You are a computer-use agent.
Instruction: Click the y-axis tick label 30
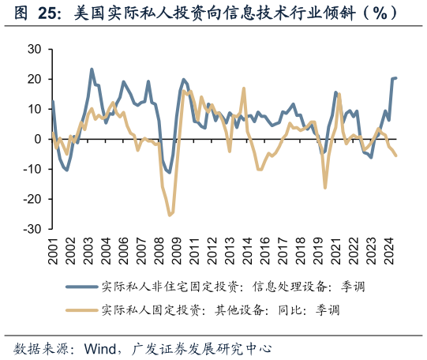point(33,49)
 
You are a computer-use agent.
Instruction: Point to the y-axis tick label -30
point(31,229)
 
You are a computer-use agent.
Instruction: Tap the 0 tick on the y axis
point(37,139)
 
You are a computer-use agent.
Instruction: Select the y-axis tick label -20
point(31,199)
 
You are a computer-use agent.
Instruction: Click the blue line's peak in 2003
point(92,69)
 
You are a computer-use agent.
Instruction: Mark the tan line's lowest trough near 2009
point(170,215)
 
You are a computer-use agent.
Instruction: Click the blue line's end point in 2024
point(395,77)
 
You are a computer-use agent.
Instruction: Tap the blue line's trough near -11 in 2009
point(169,172)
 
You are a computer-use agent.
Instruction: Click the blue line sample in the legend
point(80,286)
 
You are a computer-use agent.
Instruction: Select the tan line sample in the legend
point(80,309)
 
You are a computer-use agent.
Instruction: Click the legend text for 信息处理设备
point(292,286)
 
